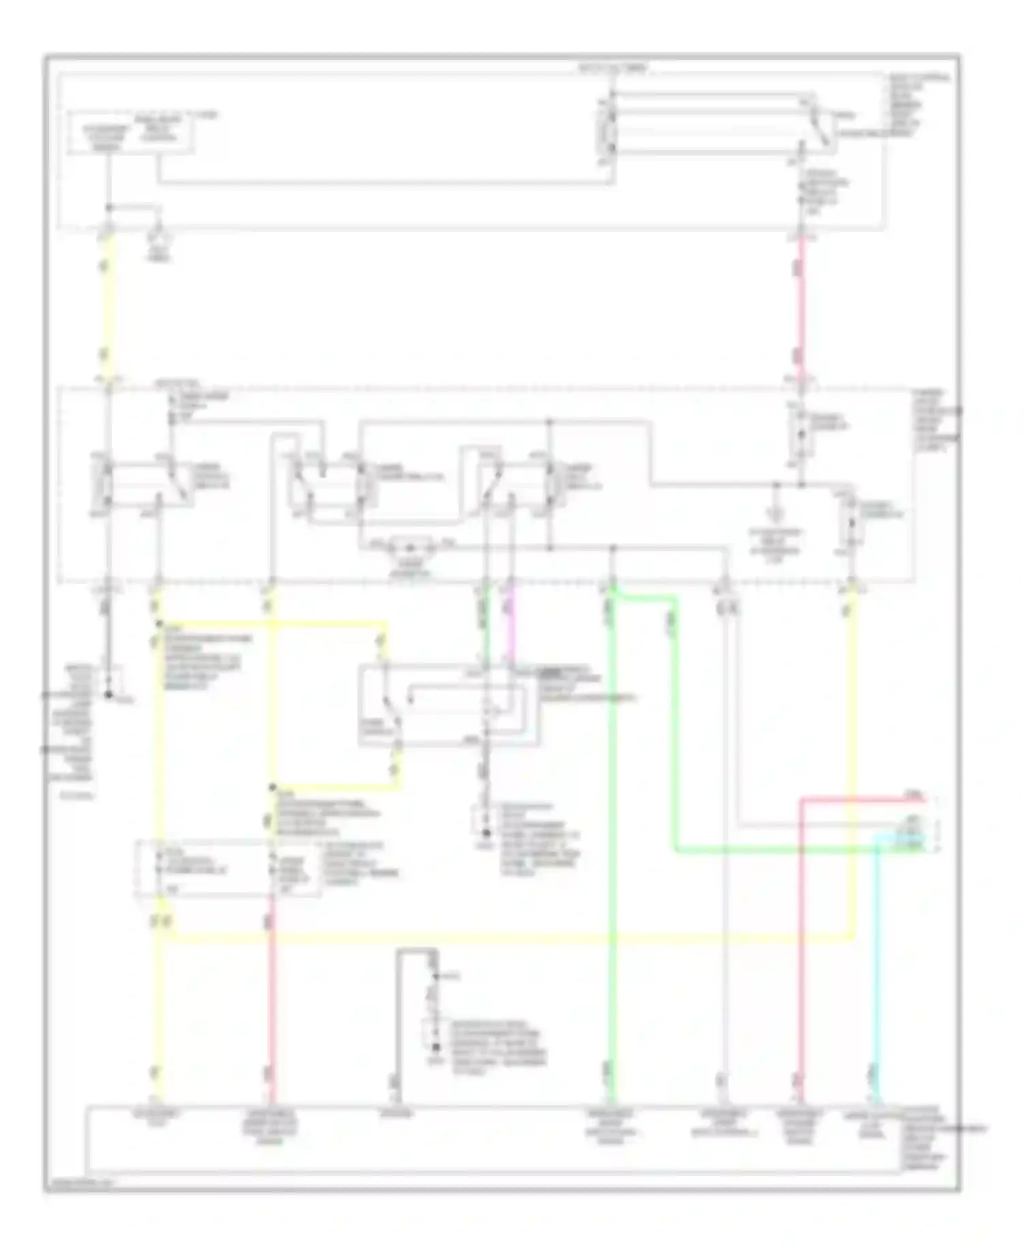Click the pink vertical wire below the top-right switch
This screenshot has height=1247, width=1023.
click(801, 307)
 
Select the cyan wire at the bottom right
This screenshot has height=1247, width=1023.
click(876, 955)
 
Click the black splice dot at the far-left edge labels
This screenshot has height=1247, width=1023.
click(108, 695)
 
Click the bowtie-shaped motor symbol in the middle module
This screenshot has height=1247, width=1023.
click(409, 546)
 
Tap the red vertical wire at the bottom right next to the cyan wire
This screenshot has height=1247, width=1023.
click(803, 955)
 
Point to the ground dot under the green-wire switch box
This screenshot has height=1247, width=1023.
click(486, 834)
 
